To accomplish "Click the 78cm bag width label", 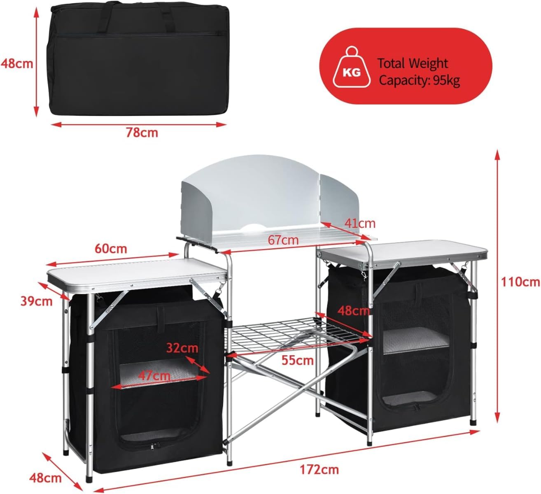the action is tap(142, 133).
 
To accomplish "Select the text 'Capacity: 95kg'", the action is tap(419, 80).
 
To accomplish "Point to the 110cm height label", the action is tap(520, 282).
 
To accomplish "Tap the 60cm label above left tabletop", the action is tap(111, 249).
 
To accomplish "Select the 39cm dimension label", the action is tap(37, 301).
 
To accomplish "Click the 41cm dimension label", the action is tap(360, 223).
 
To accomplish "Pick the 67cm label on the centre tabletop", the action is tap(283, 240).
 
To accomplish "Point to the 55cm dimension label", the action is tap(298, 361).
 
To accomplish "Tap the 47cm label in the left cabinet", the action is tap(154, 375).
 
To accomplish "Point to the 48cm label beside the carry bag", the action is tap(16, 63).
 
